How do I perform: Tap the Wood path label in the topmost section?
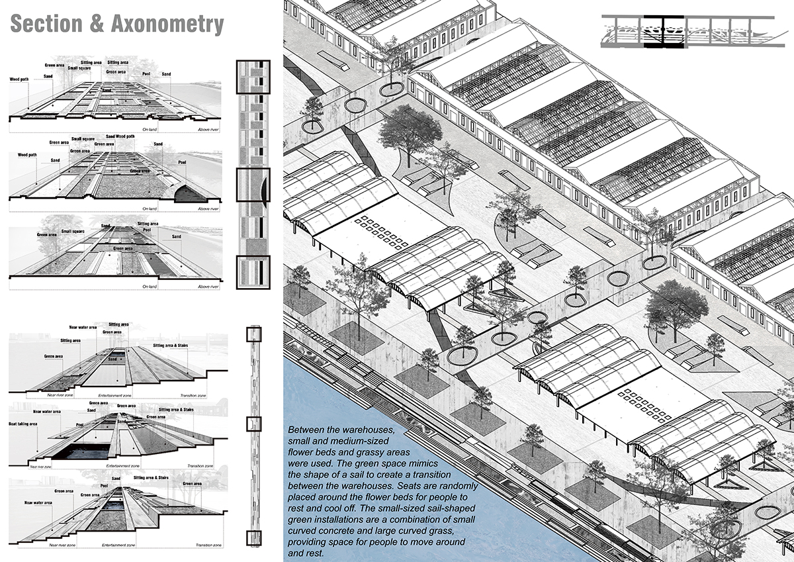19,79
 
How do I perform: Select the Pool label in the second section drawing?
182,162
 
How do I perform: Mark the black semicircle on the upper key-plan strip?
265,191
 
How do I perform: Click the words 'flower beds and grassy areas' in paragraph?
347,453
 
